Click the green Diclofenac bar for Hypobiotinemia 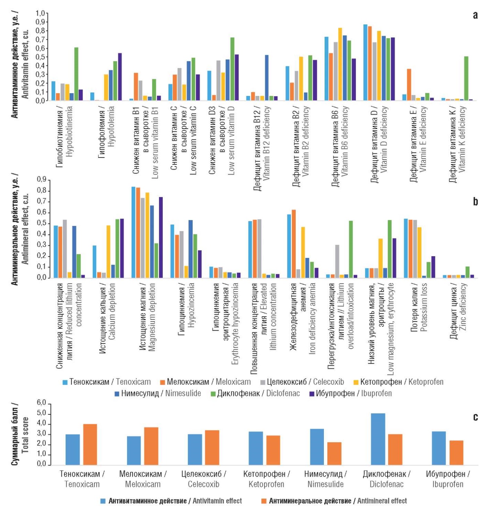(76, 74)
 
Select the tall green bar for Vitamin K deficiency (466, 79)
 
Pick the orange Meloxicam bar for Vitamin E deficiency (409, 85)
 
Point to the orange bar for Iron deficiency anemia (294, 244)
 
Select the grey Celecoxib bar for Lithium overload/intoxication (337, 261)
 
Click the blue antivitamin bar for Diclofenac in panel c (378, 439)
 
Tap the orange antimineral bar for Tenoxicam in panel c (90, 444)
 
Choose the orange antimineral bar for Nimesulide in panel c (334, 453)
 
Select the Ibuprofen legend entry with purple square (350, 394)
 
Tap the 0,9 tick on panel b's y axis (42, 180)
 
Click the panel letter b (475, 202)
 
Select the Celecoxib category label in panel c (203, 479)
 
